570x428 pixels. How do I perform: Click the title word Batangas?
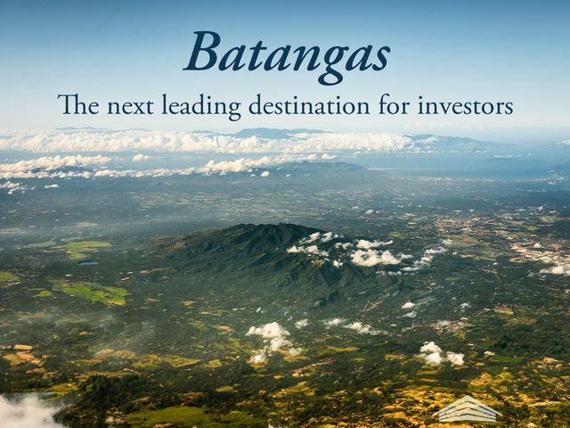(287, 54)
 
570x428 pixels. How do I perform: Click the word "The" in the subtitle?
(78, 104)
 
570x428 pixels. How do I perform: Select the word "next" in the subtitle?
(130, 106)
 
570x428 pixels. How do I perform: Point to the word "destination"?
(309, 105)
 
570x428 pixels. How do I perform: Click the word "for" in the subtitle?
(394, 104)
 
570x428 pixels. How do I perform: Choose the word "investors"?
(465, 105)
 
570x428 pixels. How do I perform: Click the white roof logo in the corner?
(468, 408)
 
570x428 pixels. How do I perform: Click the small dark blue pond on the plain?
(88, 262)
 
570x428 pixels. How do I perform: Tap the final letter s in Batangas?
(380, 57)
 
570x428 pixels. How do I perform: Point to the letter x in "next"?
(138, 108)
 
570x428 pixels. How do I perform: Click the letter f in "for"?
(384, 104)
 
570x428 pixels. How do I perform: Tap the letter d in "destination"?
(257, 104)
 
